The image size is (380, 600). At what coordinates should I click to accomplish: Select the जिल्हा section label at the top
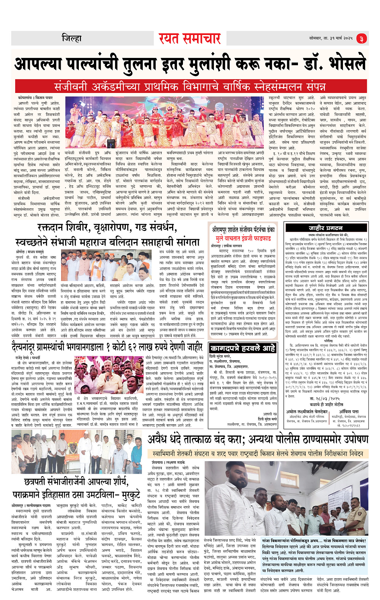pyautogui.click(x=72, y=39)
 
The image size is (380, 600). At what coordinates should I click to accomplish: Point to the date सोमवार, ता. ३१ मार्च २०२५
pyautogui.click(x=331, y=38)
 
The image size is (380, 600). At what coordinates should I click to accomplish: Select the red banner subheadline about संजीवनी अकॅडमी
pyautogui.click(x=190, y=87)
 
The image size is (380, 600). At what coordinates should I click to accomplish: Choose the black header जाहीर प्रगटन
pyautogui.click(x=326, y=228)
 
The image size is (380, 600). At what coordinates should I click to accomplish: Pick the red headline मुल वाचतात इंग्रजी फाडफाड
pyautogui.click(x=243, y=238)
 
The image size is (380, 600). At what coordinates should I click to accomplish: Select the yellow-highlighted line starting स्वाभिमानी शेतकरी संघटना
pyautogui.click(x=258, y=454)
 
